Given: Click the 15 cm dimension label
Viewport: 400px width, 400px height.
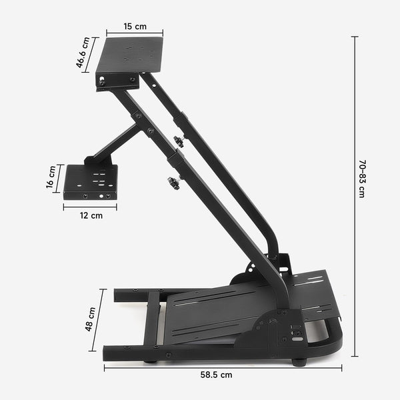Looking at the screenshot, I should tap(135, 27).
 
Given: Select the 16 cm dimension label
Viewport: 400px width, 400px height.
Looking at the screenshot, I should tap(51, 181).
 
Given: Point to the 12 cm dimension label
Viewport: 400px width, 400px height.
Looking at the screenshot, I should tap(91, 215).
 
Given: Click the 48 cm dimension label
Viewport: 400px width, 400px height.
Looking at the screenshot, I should tap(91, 319).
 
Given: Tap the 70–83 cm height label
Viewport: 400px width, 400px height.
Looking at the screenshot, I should tap(362, 178).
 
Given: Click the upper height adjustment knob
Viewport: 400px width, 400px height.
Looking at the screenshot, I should tap(178, 141).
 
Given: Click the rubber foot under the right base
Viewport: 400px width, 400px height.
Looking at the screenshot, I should tap(299, 362).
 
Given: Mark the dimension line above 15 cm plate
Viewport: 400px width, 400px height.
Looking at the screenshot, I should tap(135, 33).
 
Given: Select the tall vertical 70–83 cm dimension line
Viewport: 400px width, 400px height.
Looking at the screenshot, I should tap(354, 197).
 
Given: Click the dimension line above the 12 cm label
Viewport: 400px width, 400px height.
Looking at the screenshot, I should tap(90, 207).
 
